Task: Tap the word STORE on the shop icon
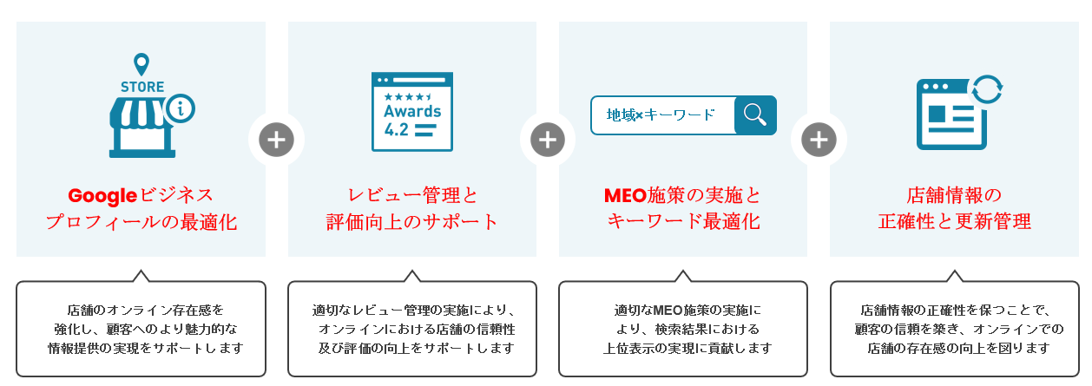click(x=141, y=87)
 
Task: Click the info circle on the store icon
click(x=181, y=109)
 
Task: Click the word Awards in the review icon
click(x=412, y=111)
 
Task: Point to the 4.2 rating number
click(x=397, y=130)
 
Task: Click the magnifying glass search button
click(x=755, y=115)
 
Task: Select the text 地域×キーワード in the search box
click(x=661, y=115)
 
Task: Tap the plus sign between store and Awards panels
click(x=276, y=140)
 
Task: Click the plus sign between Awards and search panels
click(x=548, y=140)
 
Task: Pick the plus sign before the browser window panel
click(x=819, y=140)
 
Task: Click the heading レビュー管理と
click(x=412, y=195)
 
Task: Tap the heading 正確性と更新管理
click(x=954, y=222)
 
